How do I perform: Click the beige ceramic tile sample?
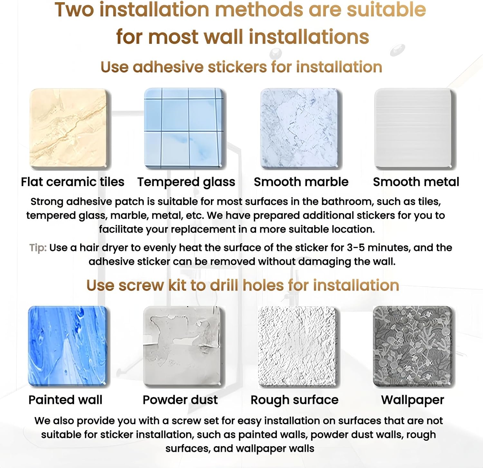[x=68, y=128]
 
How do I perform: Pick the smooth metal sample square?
[x=415, y=128]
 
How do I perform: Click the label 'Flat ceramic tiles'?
[x=72, y=182]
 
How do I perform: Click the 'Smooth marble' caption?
[x=301, y=182]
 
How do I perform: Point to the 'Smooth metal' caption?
[x=416, y=182]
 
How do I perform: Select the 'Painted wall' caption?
[x=65, y=400]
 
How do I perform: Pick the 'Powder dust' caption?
[x=180, y=400]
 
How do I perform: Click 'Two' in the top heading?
[x=74, y=10]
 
